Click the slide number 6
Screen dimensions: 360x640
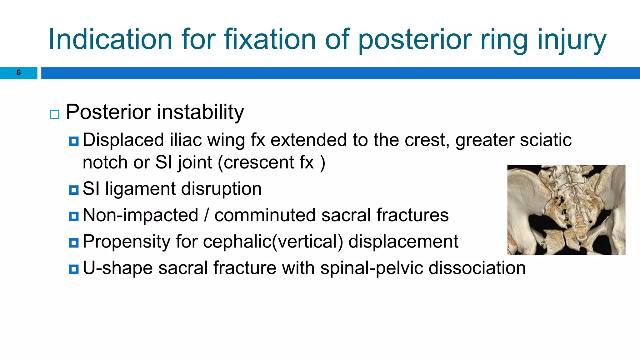click(x=18, y=73)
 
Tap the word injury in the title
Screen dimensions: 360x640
click(x=572, y=39)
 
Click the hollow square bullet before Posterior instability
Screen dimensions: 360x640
click(x=54, y=114)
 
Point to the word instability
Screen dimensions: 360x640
click(x=200, y=112)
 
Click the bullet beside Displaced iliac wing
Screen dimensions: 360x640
click(x=74, y=142)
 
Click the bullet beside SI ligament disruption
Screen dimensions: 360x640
click(x=74, y=190)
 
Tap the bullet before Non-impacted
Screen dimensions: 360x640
click(x=74, y=216)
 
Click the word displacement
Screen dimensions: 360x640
click(x=403, y=242)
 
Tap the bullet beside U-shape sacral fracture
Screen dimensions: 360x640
click(x=74, y=269)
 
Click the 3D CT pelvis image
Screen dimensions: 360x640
click(x=566, y=210)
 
